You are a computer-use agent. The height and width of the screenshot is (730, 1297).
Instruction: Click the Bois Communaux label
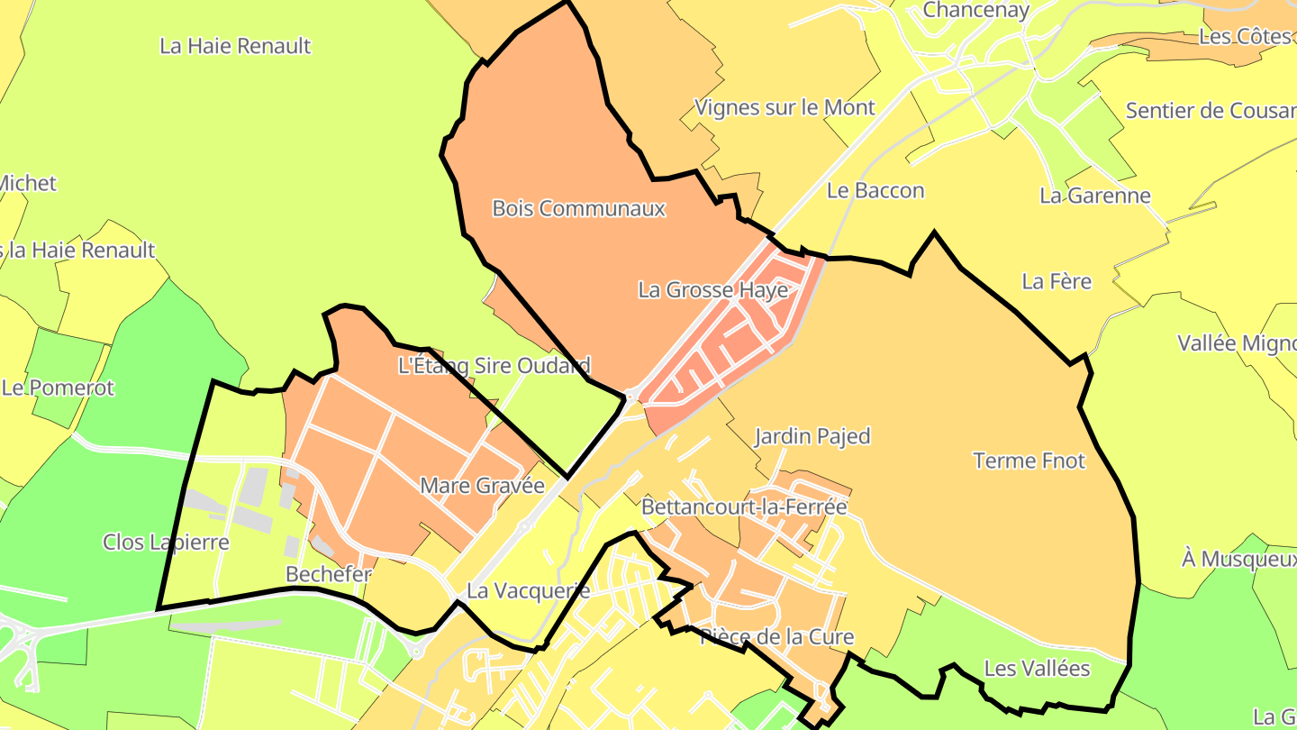click(578, 208)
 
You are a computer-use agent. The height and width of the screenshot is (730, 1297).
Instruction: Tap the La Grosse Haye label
click(712, 290)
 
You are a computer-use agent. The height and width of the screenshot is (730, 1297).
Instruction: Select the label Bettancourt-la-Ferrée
click(744, 506)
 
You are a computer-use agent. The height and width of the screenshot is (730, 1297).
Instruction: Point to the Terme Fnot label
click(1029, 461)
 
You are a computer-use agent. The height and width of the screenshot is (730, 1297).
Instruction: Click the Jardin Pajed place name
click(812, 436)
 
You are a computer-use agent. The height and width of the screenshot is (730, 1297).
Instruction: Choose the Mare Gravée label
click(483, 486)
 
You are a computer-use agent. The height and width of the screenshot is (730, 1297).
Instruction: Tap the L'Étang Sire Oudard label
click(494, 365)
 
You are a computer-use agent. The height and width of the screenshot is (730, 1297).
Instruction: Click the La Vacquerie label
click(528, 591)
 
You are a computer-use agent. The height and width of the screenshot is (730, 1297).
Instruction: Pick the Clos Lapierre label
click(166, 542)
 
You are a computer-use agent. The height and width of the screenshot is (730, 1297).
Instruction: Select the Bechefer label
click(329, 574)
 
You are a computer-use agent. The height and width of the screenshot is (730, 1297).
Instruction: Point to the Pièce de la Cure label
click(776, 637)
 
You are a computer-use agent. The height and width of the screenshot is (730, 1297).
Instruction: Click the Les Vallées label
click(1037, 669)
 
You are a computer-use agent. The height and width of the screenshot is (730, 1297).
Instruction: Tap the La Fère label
click(1057, 281)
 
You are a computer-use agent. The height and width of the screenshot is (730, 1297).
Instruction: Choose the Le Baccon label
click(875, 190)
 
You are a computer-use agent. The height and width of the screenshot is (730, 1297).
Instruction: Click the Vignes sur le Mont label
click(785, 107)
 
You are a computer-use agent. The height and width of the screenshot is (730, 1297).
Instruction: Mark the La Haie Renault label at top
click(235, 45)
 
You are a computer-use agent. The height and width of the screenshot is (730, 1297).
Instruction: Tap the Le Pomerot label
click(59, 388)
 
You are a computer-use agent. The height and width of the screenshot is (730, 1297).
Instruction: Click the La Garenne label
click(1095, 196)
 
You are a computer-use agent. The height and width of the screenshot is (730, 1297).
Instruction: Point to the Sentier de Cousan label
click(1211, 111)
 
